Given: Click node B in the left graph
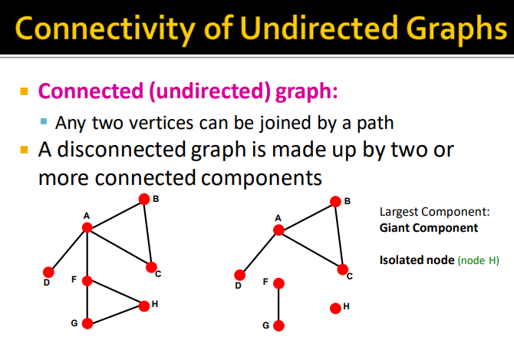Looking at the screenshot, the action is point(143,200).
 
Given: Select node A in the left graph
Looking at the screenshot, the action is point(87,227).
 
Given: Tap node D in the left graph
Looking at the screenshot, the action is point(48,272).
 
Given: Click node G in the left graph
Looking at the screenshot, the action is point(87,324).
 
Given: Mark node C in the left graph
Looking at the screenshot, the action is point(151,267).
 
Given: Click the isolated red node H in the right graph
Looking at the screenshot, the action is point(334,309).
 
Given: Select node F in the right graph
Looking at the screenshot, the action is point(278,283).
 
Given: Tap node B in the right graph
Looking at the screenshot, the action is point(334,202).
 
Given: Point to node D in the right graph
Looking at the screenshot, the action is point(239,274).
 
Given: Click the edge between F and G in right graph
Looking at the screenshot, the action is point(278,304).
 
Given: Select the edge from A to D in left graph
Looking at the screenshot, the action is point(68,249).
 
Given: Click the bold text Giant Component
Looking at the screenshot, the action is point(428,228).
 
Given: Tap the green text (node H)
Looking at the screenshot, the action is point(478,261).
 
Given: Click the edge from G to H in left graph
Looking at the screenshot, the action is point(115,315).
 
